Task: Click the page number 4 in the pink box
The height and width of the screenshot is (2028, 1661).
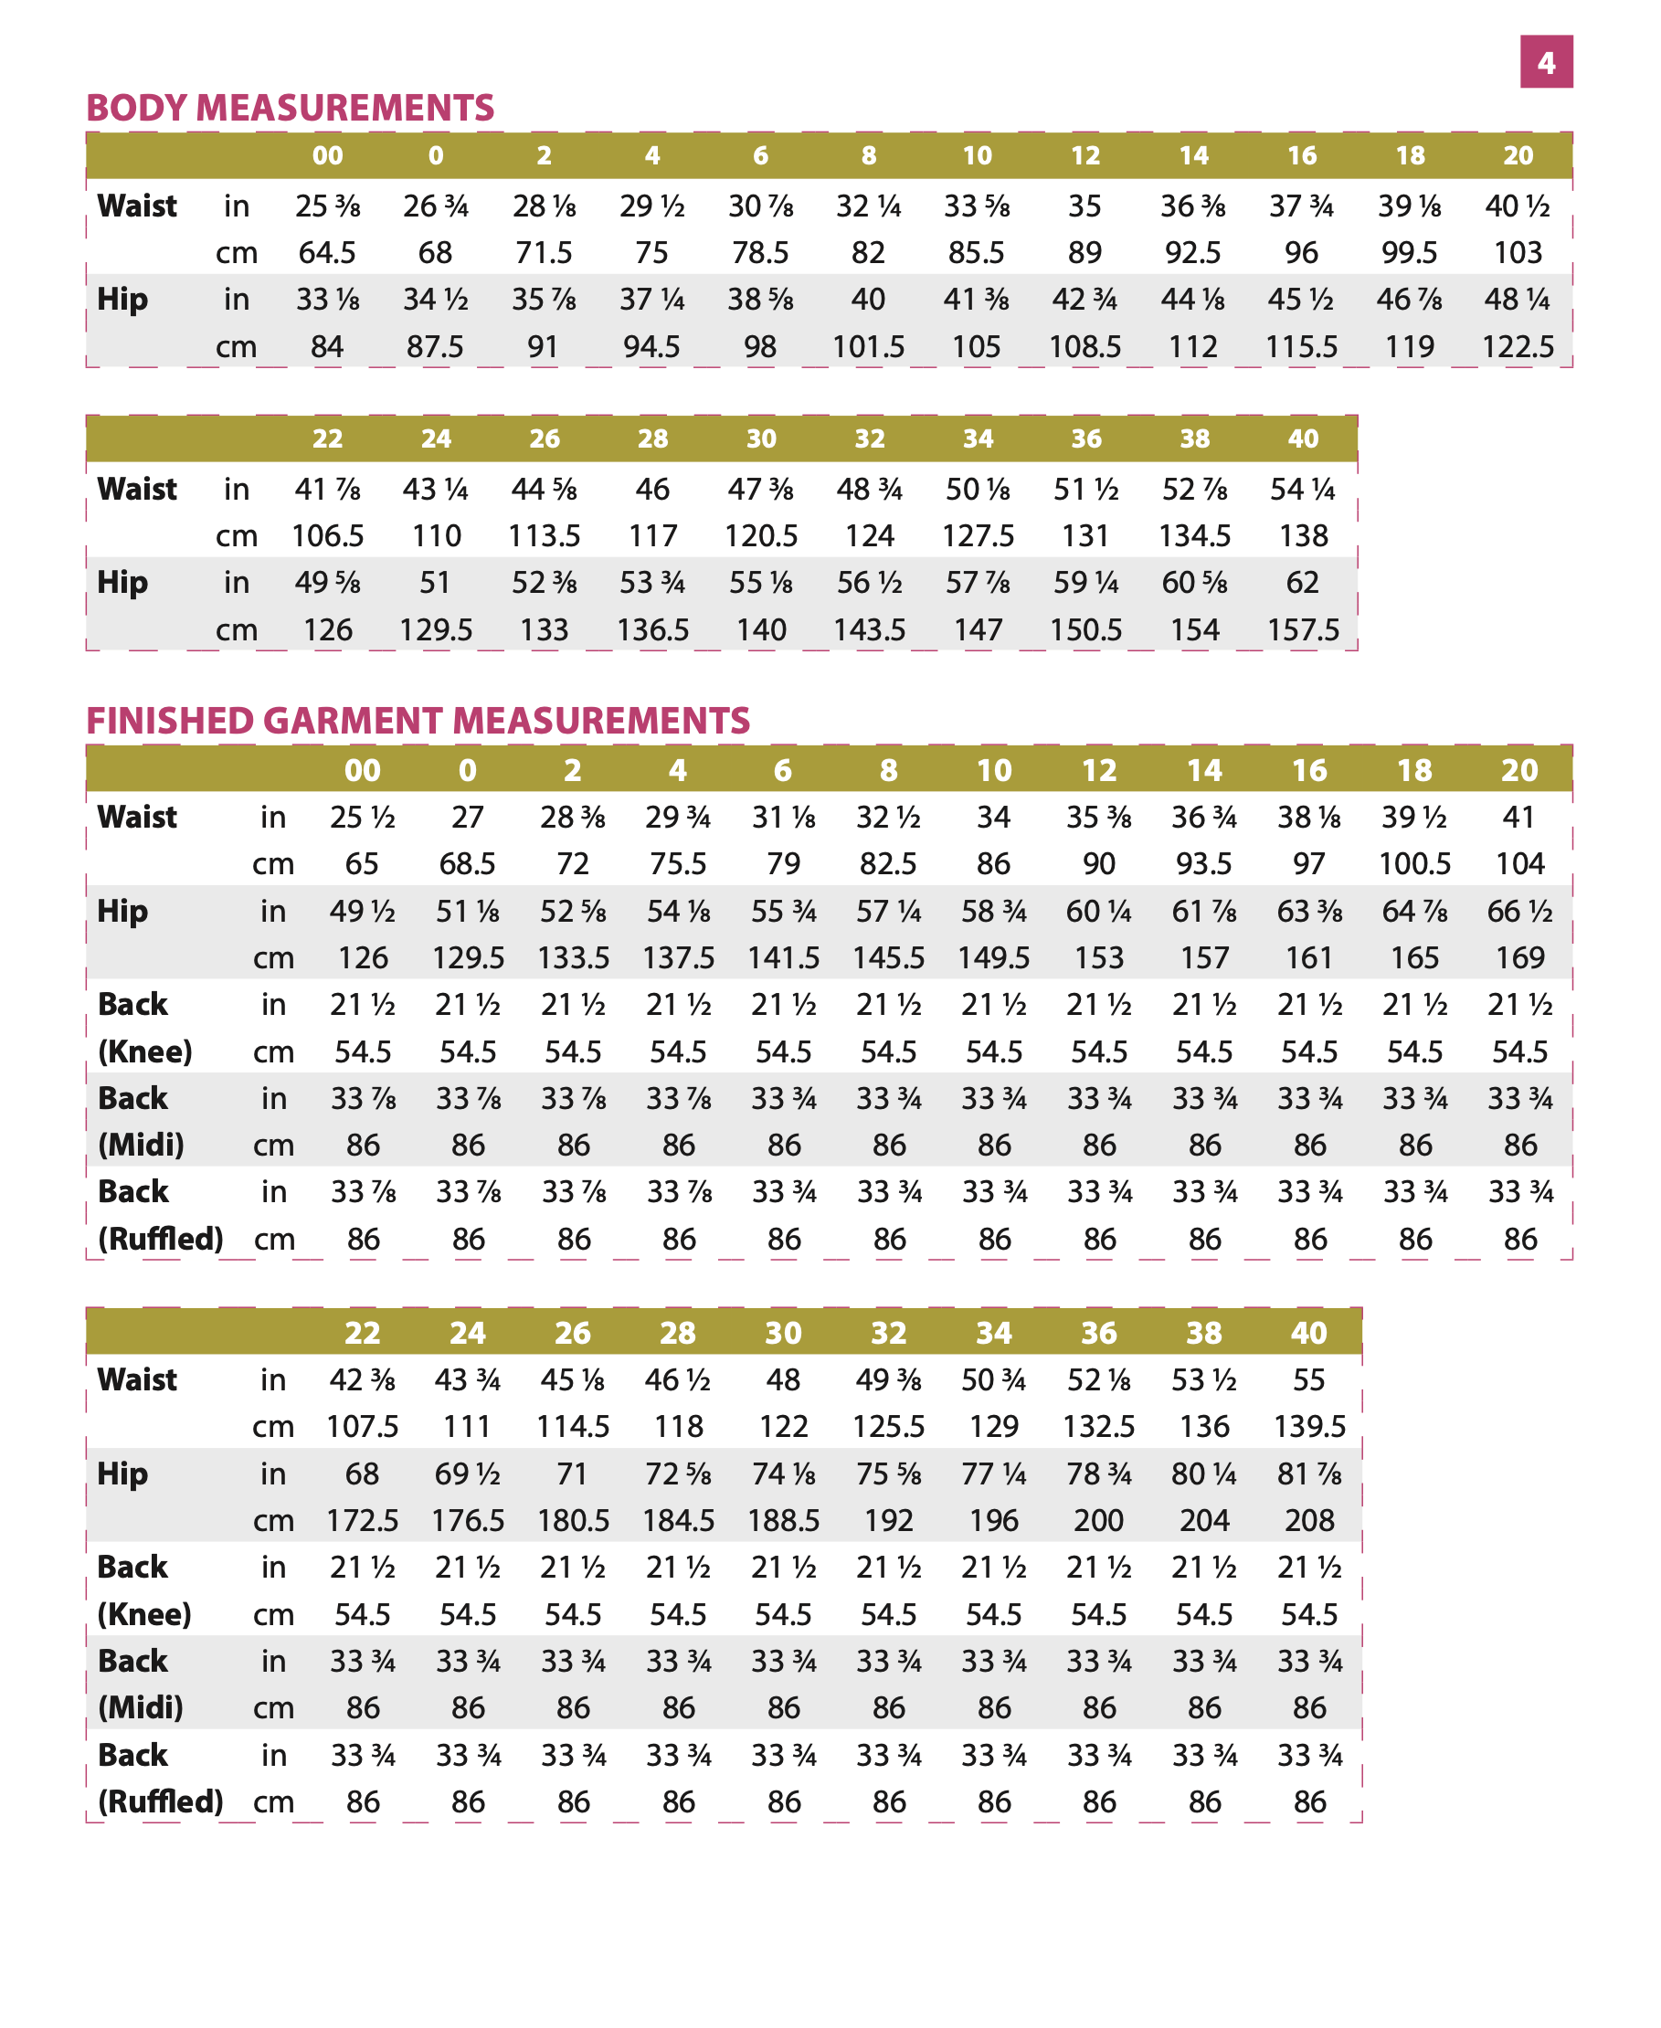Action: coord(1545,62)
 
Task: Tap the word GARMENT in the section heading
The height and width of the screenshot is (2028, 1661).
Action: coord(356,722)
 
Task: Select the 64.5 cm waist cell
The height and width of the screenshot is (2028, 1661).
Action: coord(327,252)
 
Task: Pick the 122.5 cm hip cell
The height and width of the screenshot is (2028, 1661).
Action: coord(1518,346)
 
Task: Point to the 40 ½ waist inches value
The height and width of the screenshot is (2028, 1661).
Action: coord(1518,206)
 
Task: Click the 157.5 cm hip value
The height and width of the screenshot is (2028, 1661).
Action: coord(1303,629)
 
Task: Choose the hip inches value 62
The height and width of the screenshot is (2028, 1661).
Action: coord(1303,583)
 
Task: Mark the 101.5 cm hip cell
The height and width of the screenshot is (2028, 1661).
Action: coord(868,346)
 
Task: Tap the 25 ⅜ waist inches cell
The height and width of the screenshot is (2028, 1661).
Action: coord(327,206)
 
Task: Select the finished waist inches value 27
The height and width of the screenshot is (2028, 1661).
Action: coord(467,817)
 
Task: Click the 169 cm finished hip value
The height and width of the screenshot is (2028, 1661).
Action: coord(1519,957)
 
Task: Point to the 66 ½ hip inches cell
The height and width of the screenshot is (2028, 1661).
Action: coord(1519,911)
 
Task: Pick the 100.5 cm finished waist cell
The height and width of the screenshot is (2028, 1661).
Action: coord(1414,864)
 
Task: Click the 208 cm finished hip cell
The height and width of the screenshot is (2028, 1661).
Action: coord(1309,1520)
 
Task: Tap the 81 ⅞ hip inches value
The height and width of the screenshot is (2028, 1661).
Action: coord(1309,1473)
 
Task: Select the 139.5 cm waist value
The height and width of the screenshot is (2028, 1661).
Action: coord(1309,1426)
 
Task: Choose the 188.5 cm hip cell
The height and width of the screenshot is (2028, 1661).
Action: coord(783,1520)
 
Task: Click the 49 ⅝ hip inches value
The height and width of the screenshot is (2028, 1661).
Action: coord(327,583)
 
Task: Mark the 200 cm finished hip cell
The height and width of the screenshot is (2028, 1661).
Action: coord(1098,1520)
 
